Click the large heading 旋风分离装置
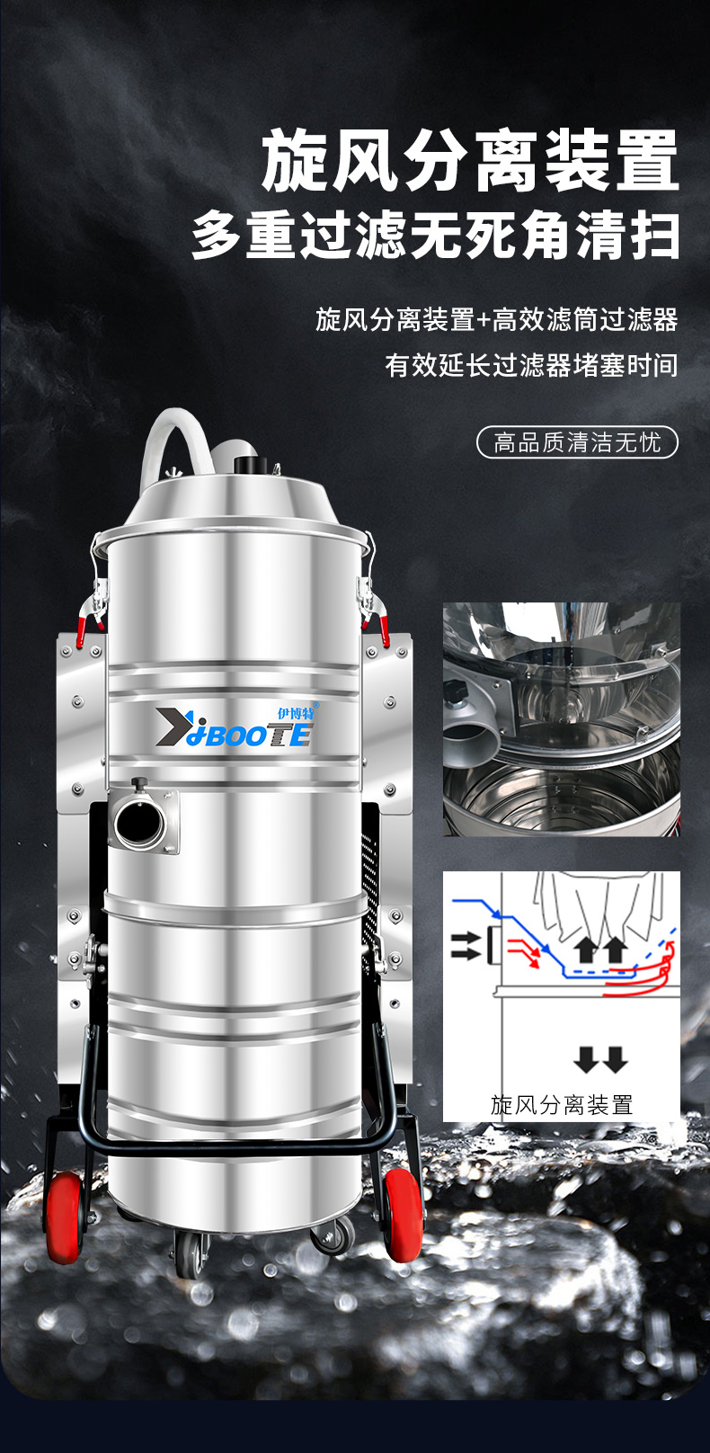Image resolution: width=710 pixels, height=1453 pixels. [470, 159]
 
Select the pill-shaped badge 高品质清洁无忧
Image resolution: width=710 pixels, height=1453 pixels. [577, 443]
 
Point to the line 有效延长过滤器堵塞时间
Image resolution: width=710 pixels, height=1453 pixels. [532, 365]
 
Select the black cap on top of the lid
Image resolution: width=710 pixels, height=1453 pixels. [251, 465]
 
